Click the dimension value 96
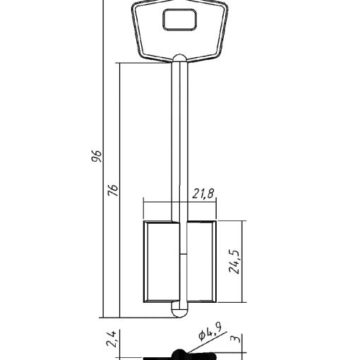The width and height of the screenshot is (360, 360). tap(97, 156)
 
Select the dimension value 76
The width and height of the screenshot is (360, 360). tap(113, 190)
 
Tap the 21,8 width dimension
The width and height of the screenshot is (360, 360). tap(203, 194)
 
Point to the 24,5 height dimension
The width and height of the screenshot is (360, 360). tap(234, 261)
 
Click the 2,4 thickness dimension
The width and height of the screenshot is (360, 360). tap(112, 339)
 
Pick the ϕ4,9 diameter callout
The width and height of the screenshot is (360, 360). tap(210, 333)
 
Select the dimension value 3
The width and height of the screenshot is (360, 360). tap(236, 339)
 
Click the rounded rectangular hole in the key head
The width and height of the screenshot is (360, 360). tap(179, 20)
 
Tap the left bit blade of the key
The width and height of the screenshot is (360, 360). tap(162, 261)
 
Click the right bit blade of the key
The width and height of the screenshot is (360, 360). tap(202, 261)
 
